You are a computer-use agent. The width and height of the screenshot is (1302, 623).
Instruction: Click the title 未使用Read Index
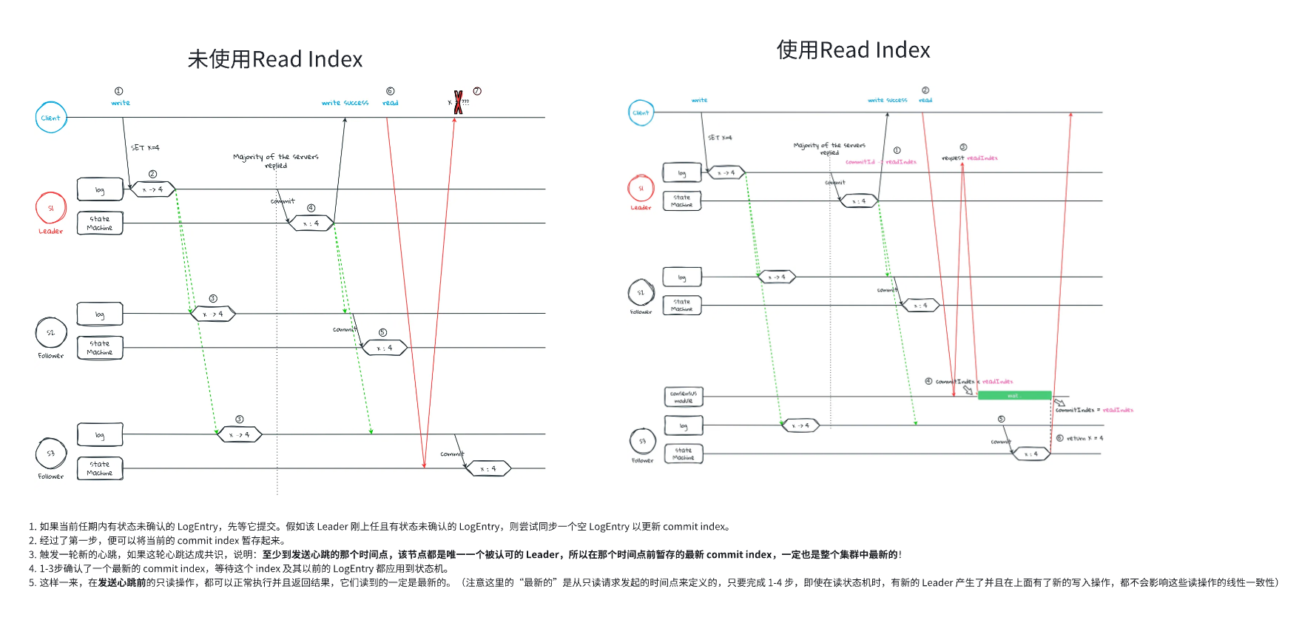(x=274, y=59)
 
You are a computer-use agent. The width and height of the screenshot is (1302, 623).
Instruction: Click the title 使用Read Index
(x=853, y=50)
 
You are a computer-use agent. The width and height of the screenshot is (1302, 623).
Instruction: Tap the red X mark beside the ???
(x=458, y=102)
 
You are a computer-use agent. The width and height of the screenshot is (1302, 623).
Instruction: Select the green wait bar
(x=1014, y=396)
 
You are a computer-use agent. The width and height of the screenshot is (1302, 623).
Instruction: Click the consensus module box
(x=683, y=397)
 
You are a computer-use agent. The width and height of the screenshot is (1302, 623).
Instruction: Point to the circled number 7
(x=477, y=91)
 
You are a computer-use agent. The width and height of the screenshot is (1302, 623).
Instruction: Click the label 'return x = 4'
(x=1085, y=439)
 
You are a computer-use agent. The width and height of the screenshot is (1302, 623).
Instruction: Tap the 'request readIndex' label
(x=969, y=158)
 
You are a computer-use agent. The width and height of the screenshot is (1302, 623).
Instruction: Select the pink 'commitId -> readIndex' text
(x=880, y=162)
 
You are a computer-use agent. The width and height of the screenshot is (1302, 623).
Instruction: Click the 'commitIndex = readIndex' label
(x=1094, y=410)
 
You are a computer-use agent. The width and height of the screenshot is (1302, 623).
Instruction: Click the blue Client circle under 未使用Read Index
(x=51, y=118)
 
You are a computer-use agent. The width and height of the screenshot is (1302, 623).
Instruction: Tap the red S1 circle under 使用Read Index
(x=641, y=189)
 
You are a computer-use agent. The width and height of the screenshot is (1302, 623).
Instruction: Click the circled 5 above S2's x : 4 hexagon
(x=382, y=333)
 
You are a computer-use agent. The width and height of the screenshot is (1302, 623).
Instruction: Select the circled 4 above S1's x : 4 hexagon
(x=311, y=208)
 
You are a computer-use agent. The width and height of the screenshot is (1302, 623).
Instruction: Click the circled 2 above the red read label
(x=925, y=90)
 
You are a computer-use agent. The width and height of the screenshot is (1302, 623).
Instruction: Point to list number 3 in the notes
(x=32, y=555)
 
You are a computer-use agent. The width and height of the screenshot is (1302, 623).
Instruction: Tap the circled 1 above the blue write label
(x=118, y=91)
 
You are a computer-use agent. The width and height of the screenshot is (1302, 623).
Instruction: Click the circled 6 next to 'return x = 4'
(x=1059, y=438)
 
